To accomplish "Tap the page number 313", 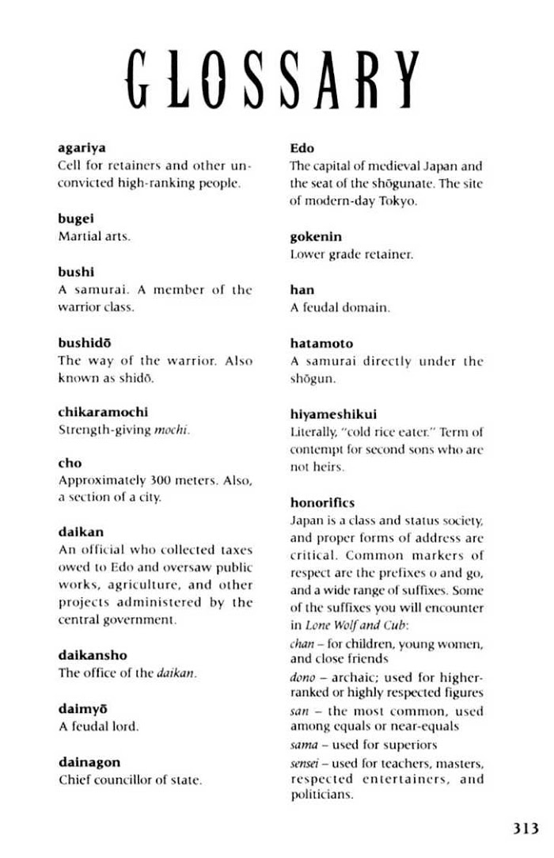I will (525, 829).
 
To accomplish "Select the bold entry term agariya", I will (82, 148).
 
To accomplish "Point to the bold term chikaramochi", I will (103, 412).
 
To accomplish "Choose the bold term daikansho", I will (93, 655).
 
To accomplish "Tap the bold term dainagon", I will (89, 761).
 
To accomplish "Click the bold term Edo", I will (302, 148).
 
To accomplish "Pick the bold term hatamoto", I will (322, 343).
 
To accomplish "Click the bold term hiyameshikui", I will (333, 414).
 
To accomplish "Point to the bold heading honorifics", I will (322, 502).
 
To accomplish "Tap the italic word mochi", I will (176, 430).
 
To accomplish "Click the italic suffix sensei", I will (305, 763).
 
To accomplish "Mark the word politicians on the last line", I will (322, 795).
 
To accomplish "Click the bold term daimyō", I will (82, 708).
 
